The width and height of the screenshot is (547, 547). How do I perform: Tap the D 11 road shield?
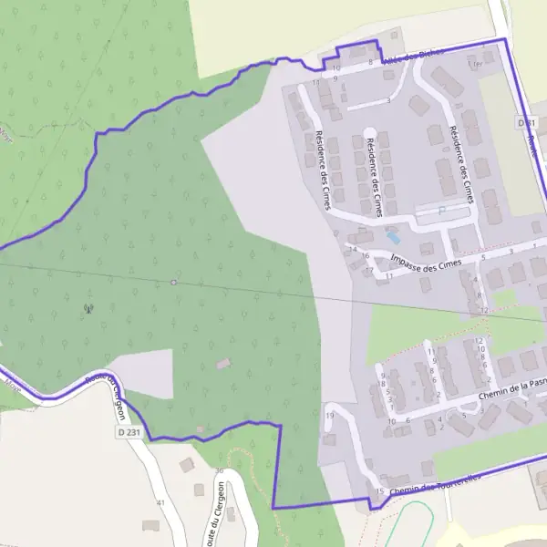point(523,121)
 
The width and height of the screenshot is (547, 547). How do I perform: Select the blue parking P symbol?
point(443,210)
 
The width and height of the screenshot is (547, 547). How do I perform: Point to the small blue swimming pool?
point(394,237)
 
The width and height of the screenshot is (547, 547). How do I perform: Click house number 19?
point(330,416)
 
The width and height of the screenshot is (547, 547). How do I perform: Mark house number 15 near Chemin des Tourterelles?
point(379,492)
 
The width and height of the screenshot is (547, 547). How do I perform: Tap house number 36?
point(219,470)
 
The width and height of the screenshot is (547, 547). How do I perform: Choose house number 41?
point(160,502)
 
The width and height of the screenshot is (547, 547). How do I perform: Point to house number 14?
point(352,249)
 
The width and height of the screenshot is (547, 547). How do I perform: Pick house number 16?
point(366,256)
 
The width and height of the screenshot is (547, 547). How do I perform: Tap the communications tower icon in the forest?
point(88,308)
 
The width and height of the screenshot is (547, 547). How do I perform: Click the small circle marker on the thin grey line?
point(173,282)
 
